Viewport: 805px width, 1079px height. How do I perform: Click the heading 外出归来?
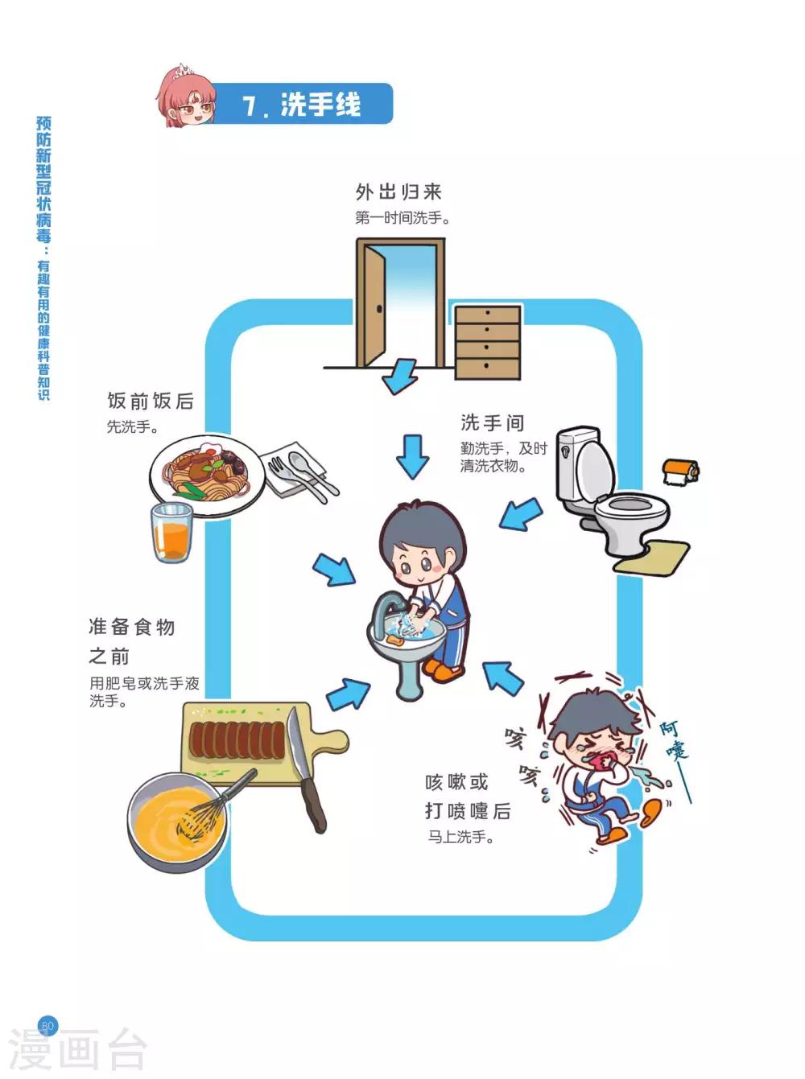coord(399,192)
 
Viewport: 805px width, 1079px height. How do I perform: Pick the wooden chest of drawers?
coord(488,342)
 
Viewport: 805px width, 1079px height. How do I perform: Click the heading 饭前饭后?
coord(151,401)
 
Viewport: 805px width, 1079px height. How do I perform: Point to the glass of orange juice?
coord(171,532)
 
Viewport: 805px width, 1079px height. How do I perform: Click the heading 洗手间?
coord(492,422)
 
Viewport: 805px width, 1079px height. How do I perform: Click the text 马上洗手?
coord(460,837)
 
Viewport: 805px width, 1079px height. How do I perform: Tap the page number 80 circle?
coord(47,1026)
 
